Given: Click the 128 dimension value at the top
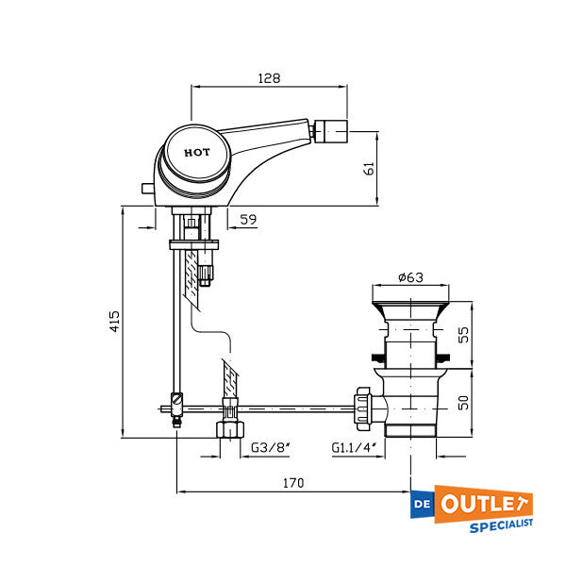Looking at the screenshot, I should coord(270,79).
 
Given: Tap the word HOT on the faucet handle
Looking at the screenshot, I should coord(197,152).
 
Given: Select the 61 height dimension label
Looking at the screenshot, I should coord(370,168).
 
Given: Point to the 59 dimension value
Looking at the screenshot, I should coord(248,220).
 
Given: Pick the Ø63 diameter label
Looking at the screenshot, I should coord(409,277).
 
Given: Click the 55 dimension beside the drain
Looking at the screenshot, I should coord(463,334).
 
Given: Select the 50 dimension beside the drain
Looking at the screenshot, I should coord(463,403).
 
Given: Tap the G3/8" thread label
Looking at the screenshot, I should coord(269,448).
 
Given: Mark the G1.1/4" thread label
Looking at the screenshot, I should coord(353,448).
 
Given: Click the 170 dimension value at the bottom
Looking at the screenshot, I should coord(293,483).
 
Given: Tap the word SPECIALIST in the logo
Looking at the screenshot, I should coord(502,524).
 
